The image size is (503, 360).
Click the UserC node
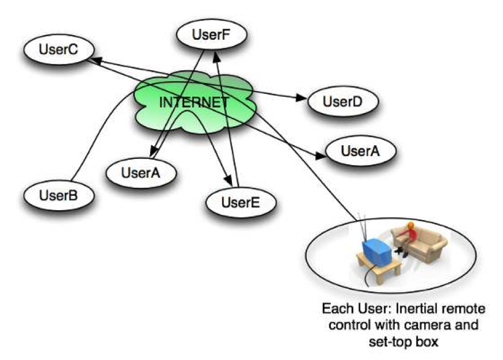coord(58,50)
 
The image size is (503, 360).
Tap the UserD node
coord(342,102)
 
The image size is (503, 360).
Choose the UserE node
coord(241,202)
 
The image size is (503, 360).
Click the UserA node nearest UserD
coord(361,151)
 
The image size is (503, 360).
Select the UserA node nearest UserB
coord(140,172)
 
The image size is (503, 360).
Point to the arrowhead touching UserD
coord(302,98)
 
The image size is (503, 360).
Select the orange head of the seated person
coord(409,226)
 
